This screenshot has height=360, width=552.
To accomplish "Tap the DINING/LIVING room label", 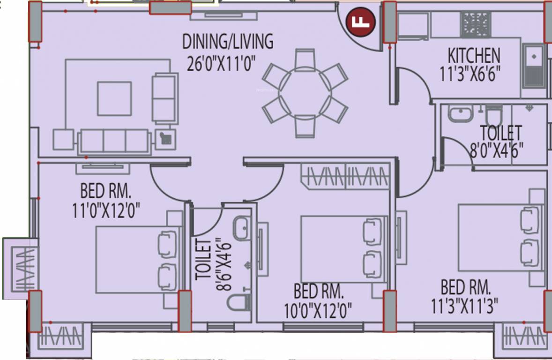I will pos(227,42).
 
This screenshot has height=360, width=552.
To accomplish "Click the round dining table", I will pos(305,93).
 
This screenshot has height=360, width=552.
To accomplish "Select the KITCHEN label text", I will pos(474,56).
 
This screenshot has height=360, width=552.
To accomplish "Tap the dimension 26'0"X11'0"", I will pos(220,64).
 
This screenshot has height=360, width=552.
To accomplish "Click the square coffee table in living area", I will pos(114,98).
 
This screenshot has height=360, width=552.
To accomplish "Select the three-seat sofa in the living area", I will pos(115,141).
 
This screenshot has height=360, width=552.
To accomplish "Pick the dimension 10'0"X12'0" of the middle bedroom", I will pos(318,310).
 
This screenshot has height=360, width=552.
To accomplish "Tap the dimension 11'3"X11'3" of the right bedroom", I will pos(464,306).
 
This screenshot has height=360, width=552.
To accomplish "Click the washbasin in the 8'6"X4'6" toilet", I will pos(243,228).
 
